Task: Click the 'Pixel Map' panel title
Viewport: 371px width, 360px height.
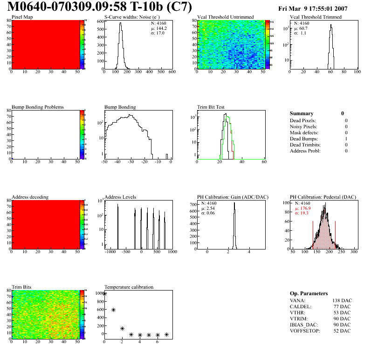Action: (x=22, y=17)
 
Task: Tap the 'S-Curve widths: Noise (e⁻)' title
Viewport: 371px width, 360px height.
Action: (x=132, y=17)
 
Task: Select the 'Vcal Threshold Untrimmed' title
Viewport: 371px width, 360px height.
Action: (x=226, y=17)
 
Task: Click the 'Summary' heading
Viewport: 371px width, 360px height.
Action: (x=302, y=113)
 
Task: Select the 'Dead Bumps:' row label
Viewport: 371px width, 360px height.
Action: (x=304, y=138)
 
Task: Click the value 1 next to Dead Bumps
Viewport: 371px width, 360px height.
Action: (x=346, y=138)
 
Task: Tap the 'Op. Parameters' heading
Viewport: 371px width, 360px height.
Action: (x=309, y=293)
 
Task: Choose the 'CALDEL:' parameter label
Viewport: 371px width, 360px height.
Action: (x=301, y=306)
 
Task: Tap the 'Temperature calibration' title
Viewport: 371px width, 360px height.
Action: (x=129, y=287)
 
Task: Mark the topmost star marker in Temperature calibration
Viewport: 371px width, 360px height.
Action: (x=104, y=293)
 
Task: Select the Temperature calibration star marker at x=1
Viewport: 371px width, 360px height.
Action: (x=113, y=310)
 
